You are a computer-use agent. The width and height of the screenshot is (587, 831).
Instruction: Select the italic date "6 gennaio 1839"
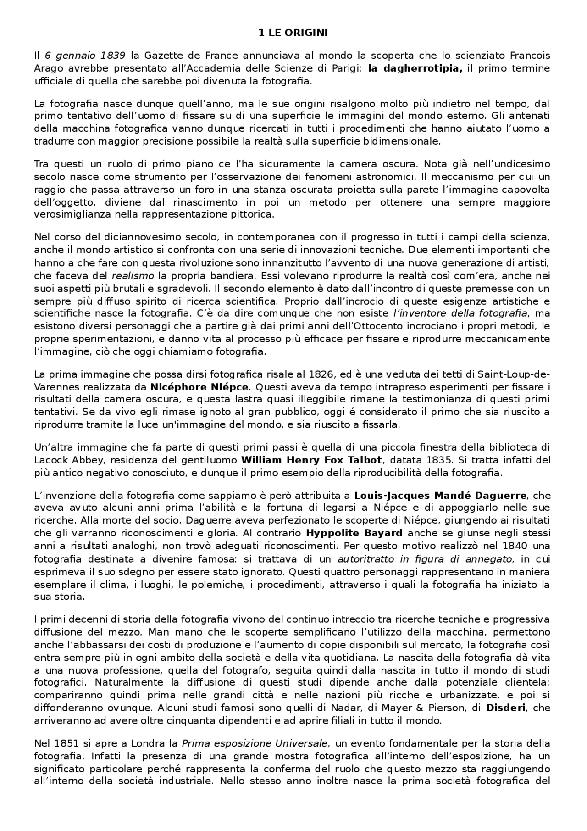(85, 56)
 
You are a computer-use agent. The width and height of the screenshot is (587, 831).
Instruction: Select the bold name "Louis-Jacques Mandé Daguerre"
(440, 496)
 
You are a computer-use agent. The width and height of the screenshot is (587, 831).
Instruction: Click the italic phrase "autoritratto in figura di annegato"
(424, 559)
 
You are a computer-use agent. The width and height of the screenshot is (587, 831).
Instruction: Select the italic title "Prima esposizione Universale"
(255, 743)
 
